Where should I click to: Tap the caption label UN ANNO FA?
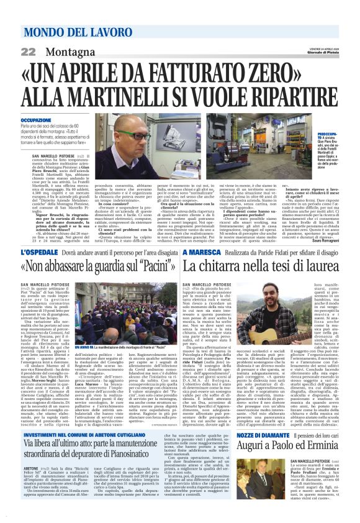82,345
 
